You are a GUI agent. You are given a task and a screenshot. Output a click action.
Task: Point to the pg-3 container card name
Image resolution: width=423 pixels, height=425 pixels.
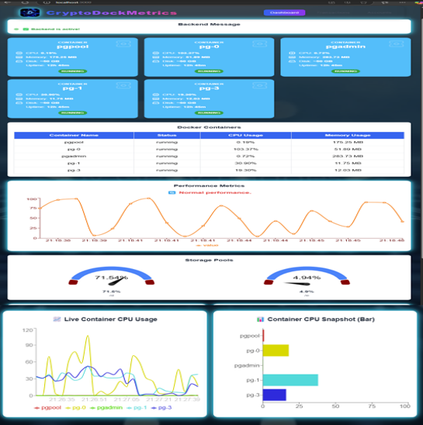[209, 89]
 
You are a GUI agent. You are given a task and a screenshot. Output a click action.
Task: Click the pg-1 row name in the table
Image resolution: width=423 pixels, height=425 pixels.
[74, 163]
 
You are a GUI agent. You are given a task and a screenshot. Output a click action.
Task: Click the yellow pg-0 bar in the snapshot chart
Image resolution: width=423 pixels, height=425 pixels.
[276, 351]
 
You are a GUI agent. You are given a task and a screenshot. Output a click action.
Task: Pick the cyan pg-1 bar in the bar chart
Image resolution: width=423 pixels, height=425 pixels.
[290, 380]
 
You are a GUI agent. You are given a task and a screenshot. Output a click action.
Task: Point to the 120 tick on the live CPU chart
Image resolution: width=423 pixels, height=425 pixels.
[28, 330]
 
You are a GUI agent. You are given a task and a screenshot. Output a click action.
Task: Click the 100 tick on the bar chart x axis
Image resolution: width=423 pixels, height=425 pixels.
[404, 406]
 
